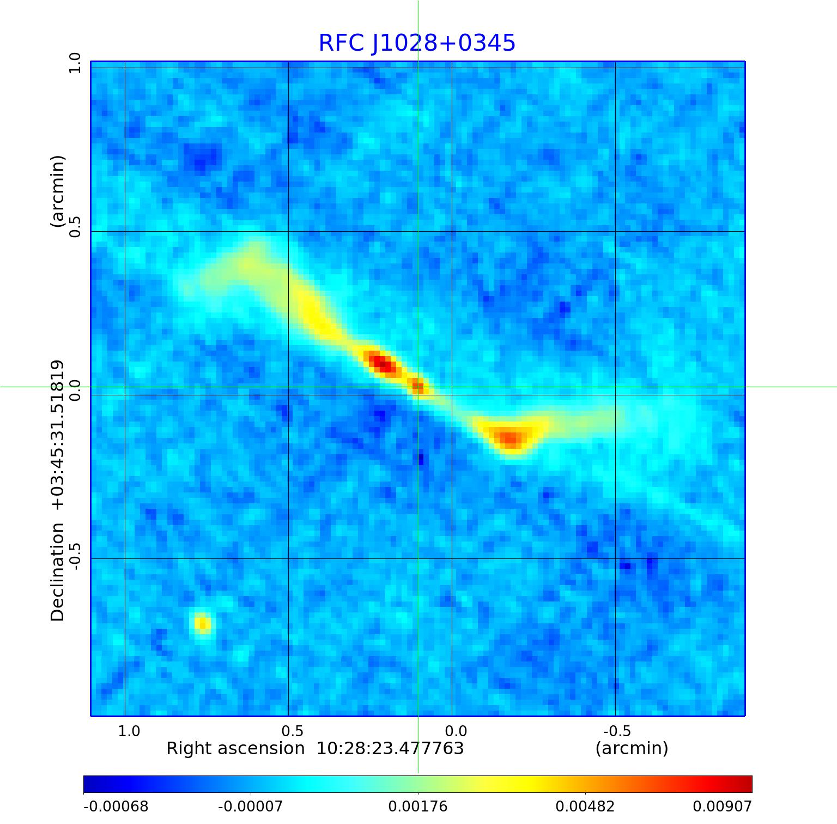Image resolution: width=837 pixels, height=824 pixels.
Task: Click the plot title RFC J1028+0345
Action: pyautogui.click(x=417, y=43)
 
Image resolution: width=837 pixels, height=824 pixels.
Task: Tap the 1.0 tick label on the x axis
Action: pyautogui.click(x=129, y=731)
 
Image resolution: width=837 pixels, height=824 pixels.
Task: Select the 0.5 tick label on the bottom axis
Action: pyautogui.click(x=292, y=731)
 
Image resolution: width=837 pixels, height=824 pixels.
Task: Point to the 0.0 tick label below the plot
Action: pyautogui.click(x=456, y=731)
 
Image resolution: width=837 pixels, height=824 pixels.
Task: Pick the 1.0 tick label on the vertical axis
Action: pyautogui.click(x=74, y=63)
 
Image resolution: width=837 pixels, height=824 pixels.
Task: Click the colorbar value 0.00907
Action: pyautogui.click(x=722, y=807)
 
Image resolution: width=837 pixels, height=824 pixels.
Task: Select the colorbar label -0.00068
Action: pyautogui.click(x=116, y=807)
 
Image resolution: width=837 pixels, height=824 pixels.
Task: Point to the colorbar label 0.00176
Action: pyautogui.click(x=418, y=807)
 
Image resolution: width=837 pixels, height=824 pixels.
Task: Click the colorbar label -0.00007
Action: pyautogui.click(x=250, y=807)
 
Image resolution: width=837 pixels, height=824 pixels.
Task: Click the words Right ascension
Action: pyautogui.click(x=235, y=749)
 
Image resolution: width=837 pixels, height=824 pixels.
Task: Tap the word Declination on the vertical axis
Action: pyautogui.click(x=58, y=572)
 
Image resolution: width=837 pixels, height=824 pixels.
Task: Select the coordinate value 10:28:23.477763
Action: pyautogui.click(x=390, y=749)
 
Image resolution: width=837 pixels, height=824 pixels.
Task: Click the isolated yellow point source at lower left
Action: pyautogui.click(x=203, y=623)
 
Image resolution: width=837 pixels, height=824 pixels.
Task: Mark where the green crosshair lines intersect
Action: pyautogui.click(x=418, y=387)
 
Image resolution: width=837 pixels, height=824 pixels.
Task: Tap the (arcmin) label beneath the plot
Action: pyautogui.click(x=632, y=749)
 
